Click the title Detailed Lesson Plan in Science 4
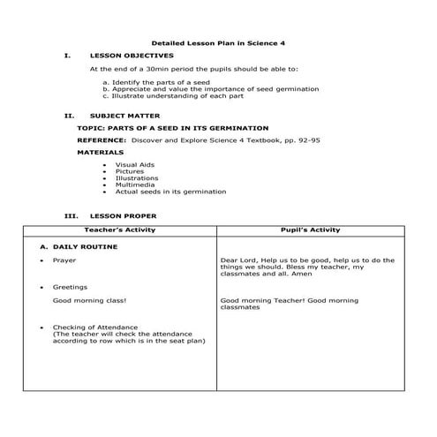217,42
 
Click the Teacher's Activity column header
128,230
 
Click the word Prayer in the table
64,261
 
